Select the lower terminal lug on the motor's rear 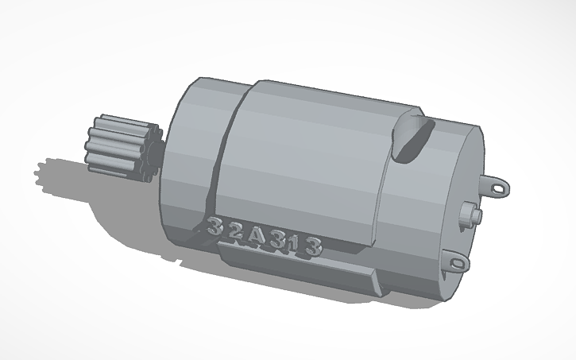pyautogui.click(x=458, y=259)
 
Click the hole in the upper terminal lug pyautogui.click(x=501, y=188)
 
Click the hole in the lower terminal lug pyautogui.click(x=458, y=258)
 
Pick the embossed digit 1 pyautogui.click(x=296, y=243)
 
